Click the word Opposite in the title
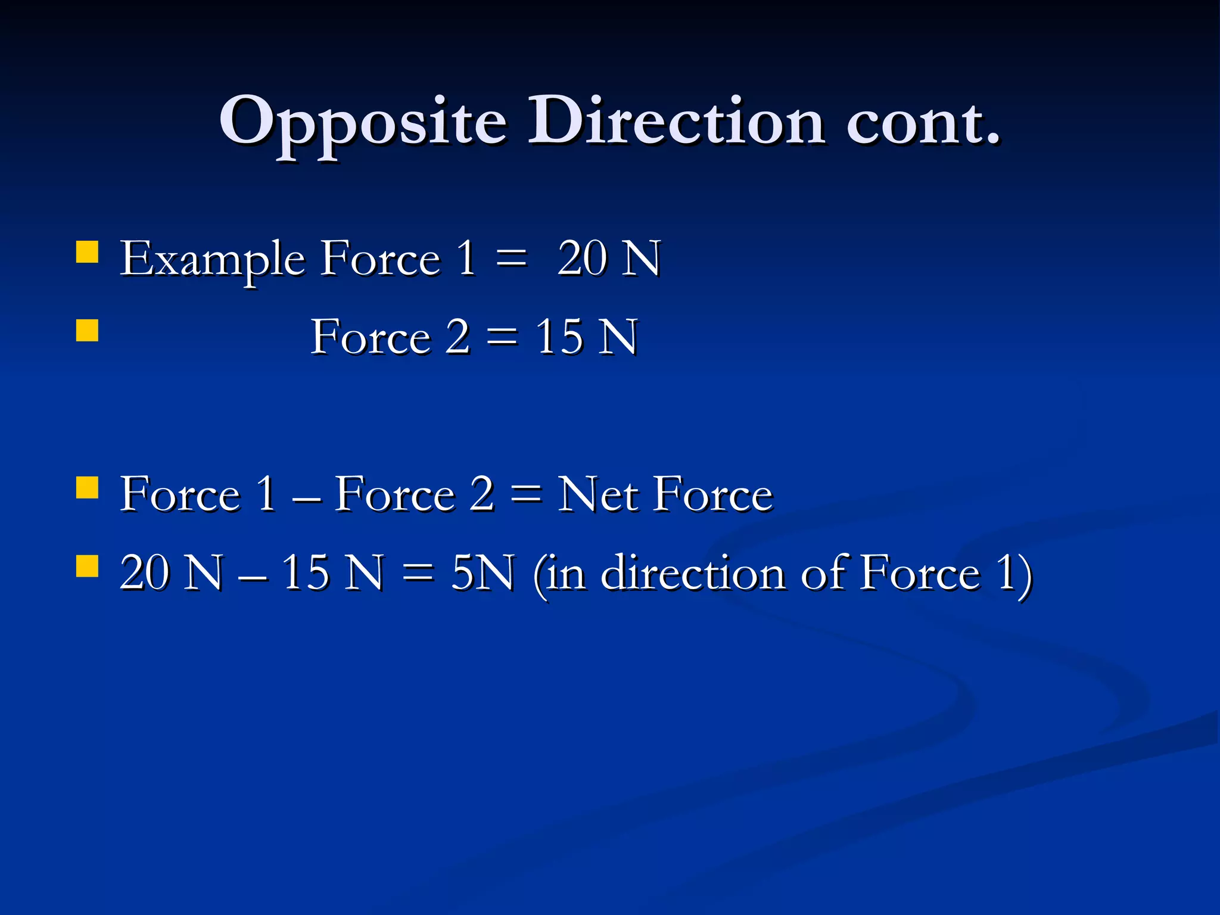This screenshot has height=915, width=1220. click(363, 122)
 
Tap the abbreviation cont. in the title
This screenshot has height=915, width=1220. click(923, 122)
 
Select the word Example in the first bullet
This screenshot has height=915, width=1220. click(213, 260)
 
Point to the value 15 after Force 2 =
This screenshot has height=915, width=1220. click(559, 337)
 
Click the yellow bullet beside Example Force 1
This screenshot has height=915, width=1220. click(87, 251)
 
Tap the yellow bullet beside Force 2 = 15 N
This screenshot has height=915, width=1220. click(87, 330)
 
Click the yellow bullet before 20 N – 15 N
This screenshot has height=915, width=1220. click(87, 566)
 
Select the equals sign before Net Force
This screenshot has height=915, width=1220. click(526, 494)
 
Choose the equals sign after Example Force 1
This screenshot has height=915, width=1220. click(511, 260)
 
